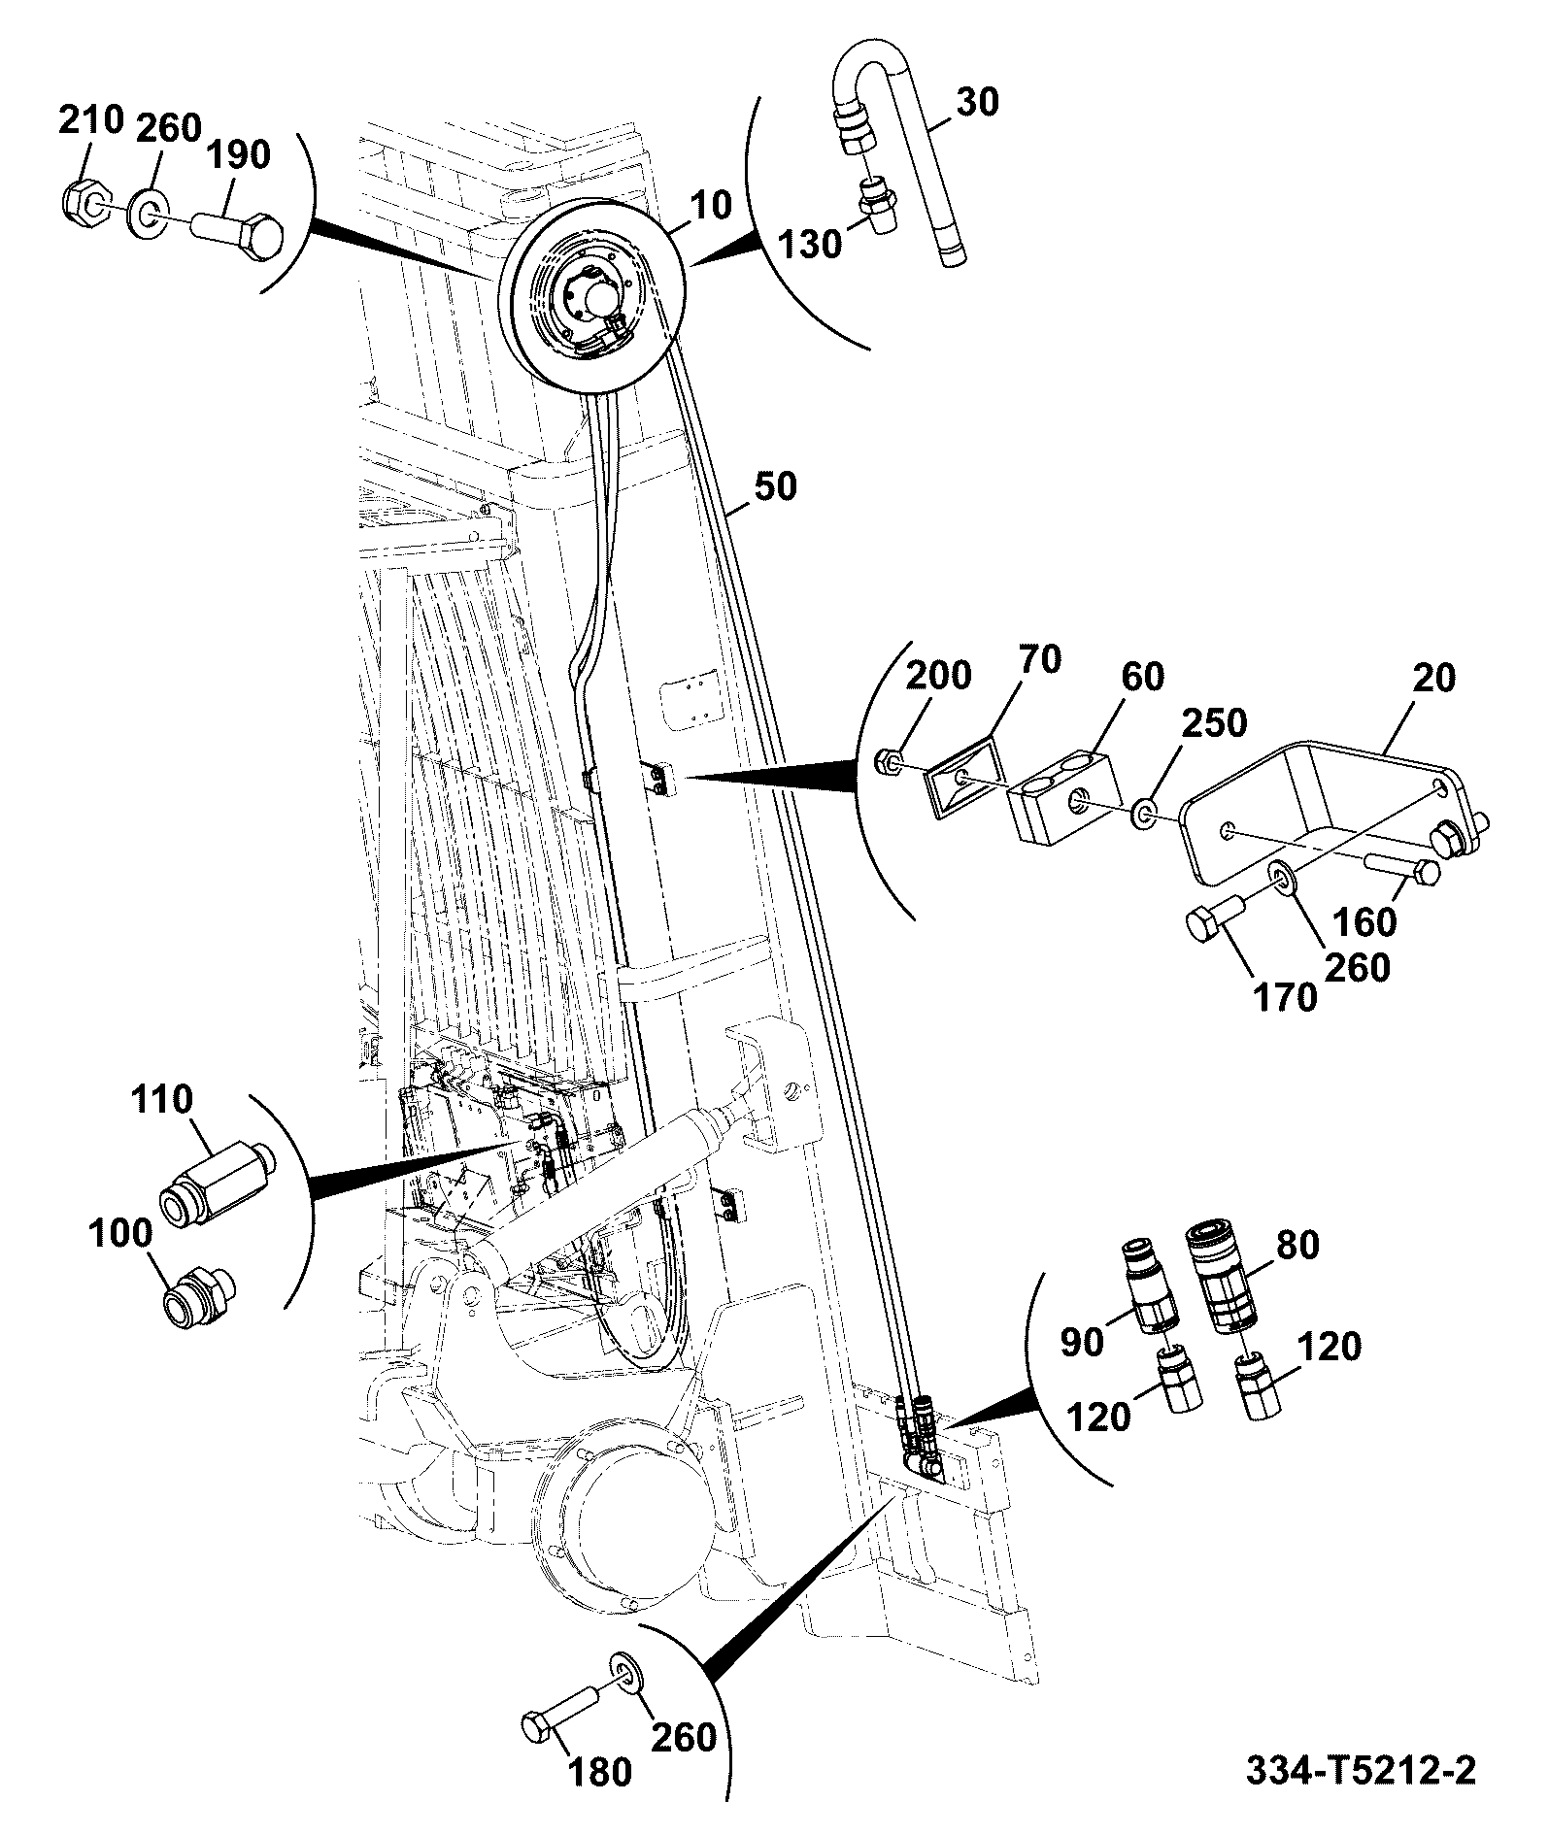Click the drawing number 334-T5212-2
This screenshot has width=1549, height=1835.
(x=1361, y=1769)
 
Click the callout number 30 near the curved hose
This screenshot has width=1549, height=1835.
(x=976, y=101)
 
